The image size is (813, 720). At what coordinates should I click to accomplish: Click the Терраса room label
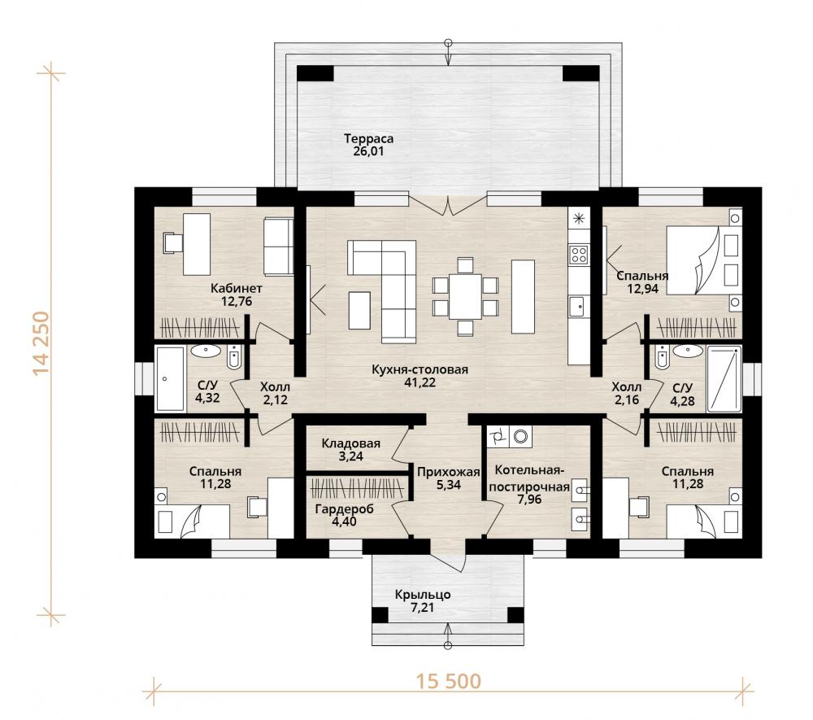coord(368,139)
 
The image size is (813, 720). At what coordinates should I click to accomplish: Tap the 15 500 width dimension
coord(449,681)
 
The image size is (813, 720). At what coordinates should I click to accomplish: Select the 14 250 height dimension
coord(41,343)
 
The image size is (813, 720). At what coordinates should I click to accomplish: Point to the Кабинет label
coord(237,289)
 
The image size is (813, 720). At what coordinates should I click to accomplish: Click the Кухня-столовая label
coord(420,370)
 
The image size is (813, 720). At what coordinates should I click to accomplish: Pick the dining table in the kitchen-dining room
coord(465,296)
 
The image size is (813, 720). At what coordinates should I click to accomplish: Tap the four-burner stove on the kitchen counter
coord(579,254)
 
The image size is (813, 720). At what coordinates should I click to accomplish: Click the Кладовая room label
coord(351,443)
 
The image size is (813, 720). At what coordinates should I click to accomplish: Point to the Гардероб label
coord(344,508)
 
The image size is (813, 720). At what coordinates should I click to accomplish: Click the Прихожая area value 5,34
coord(449,485)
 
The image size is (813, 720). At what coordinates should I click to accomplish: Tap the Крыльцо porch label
coord(423,595)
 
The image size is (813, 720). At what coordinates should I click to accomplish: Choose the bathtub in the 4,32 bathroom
coord(170,378)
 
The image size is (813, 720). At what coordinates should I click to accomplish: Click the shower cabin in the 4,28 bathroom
coord(724,378)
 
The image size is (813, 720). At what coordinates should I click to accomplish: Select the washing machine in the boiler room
coord(520,436)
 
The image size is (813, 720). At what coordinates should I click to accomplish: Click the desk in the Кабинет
coord(197,244)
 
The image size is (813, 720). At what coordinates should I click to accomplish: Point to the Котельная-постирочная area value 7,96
coord(529,500)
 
